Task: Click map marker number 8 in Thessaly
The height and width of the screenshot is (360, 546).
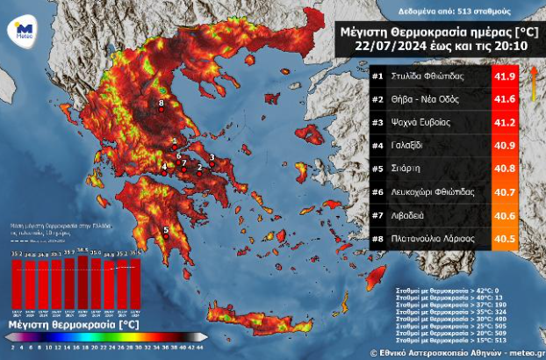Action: click(162, 105)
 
